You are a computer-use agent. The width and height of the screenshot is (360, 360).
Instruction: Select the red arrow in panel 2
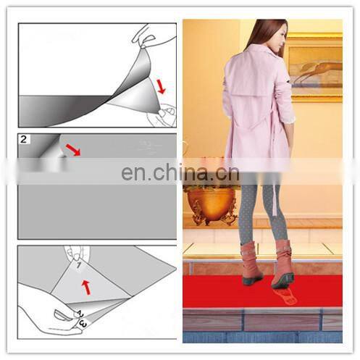(x=72, y=150)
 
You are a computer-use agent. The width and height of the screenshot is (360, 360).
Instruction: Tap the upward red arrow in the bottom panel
(x=86, y=286)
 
